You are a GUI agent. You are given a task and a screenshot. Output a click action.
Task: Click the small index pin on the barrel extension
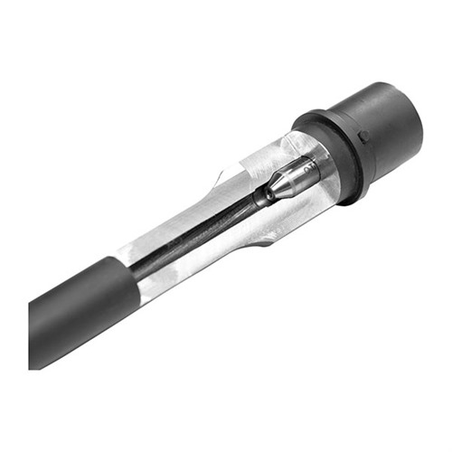363,137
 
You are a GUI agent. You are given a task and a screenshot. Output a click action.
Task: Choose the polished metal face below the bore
199,258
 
